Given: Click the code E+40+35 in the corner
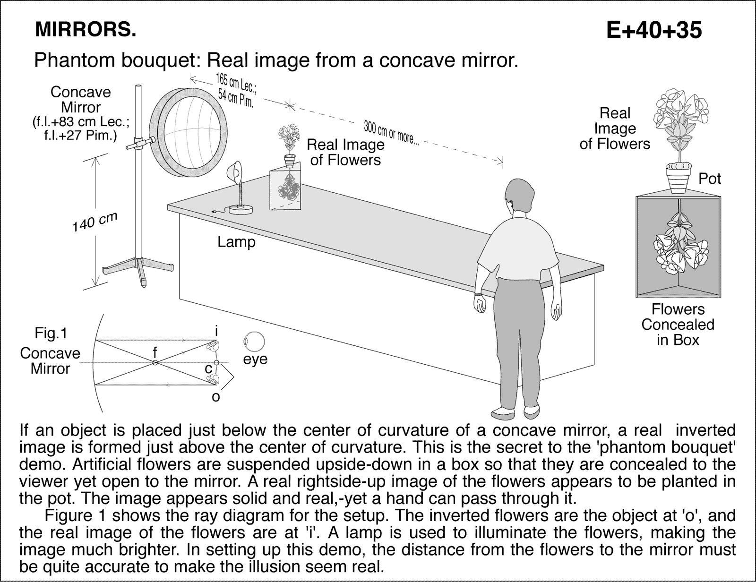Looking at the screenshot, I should click(x=654, y=31).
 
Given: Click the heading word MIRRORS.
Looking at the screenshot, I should click(x=86, y=30).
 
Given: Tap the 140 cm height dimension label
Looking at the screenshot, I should click(x=94, y=222).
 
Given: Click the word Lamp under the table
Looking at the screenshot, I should click(x=236, y=242).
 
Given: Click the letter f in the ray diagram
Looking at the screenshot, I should click(x=155, y=352).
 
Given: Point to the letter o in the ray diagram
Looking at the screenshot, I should click(x=215, y=397).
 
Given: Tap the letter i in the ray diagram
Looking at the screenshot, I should click(x=216, y=332).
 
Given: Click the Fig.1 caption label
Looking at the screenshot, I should click(x=51, y=334).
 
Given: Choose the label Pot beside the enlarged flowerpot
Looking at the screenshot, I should click(x=710, y=179).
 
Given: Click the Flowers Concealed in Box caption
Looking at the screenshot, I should click(x=678, y=325).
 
